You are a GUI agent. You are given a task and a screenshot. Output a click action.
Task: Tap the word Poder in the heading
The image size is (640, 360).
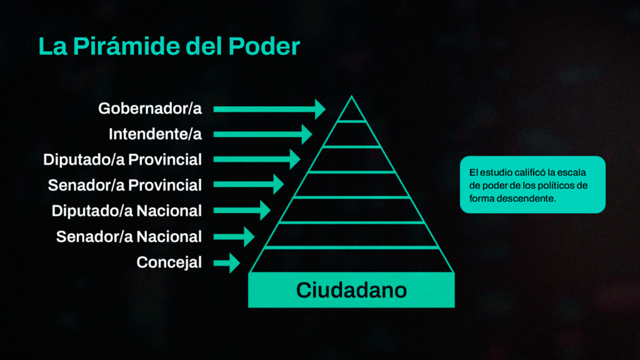(264, 46)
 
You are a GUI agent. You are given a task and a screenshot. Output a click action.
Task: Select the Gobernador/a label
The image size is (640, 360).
(150, 109)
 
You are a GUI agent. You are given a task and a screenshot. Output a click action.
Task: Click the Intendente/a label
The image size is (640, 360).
(155, 134)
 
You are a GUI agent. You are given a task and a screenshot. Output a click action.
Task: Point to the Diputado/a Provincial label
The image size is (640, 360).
(122, 159)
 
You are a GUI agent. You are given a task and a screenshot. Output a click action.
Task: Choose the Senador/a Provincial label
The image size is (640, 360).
(125, 185)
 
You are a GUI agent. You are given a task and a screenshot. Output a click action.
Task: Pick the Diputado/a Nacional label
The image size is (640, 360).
(126, 211)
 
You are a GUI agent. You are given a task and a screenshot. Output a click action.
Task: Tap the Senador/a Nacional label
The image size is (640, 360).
(129, 237)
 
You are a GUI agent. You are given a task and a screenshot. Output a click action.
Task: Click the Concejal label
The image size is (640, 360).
(169, 262)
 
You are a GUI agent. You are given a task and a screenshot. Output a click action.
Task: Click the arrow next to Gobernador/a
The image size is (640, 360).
(269, 109)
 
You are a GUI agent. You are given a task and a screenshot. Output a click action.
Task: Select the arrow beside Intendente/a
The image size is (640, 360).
(263, 134)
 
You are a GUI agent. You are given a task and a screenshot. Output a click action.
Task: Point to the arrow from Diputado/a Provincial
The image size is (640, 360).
(257, 159)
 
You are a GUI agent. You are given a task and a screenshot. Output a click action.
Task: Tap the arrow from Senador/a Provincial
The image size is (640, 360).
(249, 184)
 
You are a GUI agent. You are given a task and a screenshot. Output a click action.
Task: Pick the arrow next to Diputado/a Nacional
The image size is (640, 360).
(242, 210)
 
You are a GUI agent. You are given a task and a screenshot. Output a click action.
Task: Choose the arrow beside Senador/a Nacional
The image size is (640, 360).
(234, 236)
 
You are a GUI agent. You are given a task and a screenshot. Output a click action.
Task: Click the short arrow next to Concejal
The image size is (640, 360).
(226, 263)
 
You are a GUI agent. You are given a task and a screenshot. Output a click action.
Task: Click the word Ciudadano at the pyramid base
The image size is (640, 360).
(351, 290)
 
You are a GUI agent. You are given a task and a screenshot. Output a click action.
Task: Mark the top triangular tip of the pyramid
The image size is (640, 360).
(351, 96)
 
